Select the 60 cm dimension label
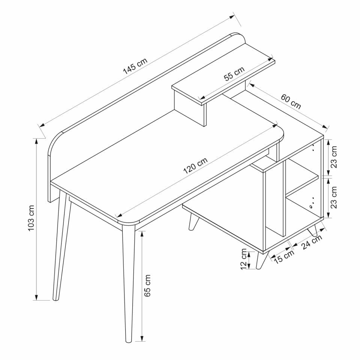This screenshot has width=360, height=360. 291,101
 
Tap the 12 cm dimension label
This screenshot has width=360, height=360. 243,259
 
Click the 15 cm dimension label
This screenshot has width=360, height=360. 284,256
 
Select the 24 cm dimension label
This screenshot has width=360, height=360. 312,242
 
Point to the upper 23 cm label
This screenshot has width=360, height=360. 334,157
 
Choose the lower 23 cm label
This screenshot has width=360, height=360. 334,197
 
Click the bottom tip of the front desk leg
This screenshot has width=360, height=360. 129,342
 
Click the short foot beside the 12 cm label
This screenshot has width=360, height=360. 261,260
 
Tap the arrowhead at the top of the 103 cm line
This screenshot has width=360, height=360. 36,141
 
